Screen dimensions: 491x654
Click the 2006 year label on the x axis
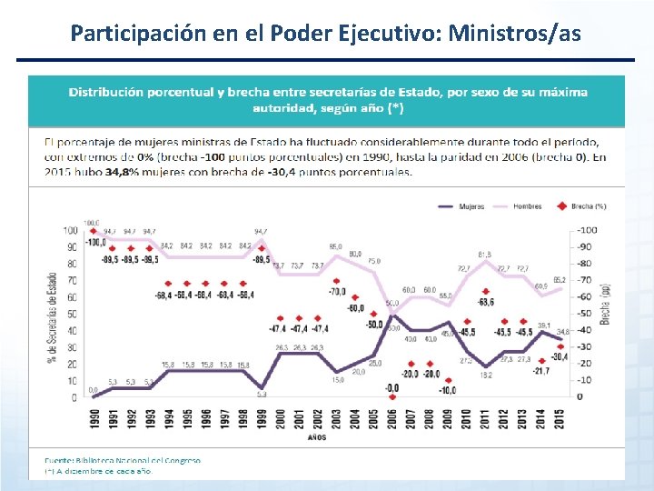click(x=392, y=421)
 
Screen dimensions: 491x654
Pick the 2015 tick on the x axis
click(x=560, y=421)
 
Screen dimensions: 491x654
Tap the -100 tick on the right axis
click(x=588, y=229)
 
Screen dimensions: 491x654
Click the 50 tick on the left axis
click(x=71, y=314)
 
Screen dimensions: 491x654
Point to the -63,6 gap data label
click(x=486, y=302)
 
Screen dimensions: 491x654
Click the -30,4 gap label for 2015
click(x=560, y=356)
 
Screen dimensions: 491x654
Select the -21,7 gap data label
click(x=541, y=370)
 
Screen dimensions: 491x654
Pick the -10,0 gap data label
click(x=448, y=390)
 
